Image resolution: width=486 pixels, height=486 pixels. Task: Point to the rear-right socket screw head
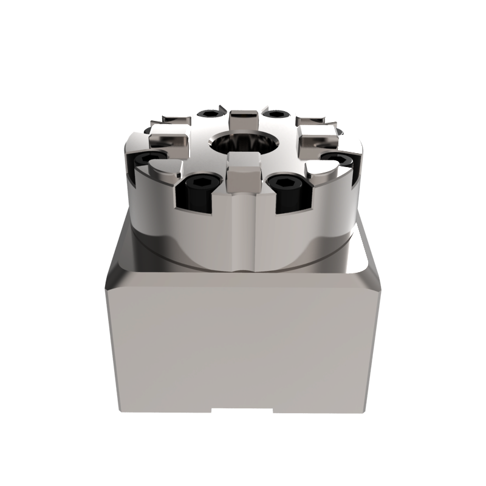pyautogui.click(x=276, y=114)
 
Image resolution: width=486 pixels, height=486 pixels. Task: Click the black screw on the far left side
pyautogui.click(x=148, y=159)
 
